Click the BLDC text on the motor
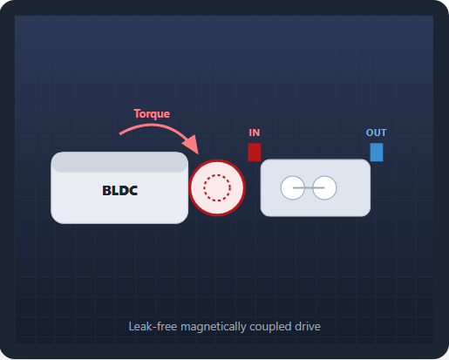[119, 191]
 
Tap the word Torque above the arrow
[152, 114]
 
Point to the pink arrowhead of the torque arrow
[192, 144]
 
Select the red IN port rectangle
[255, 153]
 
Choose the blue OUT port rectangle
[377, 153]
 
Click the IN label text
[255, 132]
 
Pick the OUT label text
[376, 132]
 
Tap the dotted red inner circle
[217, 174]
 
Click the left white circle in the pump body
[293, 187]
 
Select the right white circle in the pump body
[324, 187]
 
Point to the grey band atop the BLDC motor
[119, 162]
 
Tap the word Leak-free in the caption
[153, 327]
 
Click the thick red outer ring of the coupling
[217, 160]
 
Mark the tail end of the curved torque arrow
[119, 134]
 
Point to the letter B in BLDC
[106, 191]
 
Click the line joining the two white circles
[309, 187]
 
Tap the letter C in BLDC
[133, 191]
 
